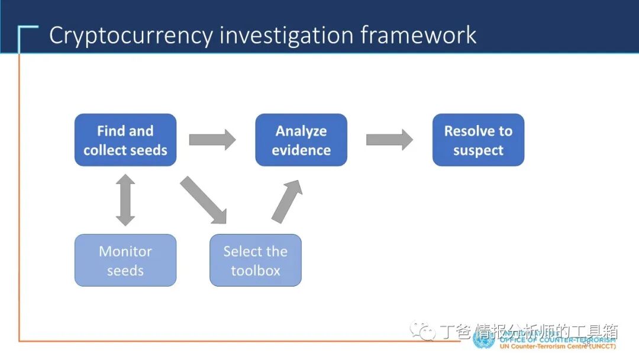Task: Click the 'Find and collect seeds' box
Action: pyautogui.click(x=125, y=140)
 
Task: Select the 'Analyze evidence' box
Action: pyautogui.click(x=301, y=140)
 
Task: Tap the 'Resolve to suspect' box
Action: pyautogui.click(x=478, y=140)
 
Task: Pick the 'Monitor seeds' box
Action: pyautogui.click(x=125, y=261)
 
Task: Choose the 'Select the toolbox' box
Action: pyautogui.click(x=256, y=261)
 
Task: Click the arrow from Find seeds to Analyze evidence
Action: pyautogui.click(x=212, y=140)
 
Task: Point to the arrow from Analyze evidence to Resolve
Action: pyautogui.click(x=389, y=140)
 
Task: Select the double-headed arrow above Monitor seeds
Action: pyautogui.click(x=125, y=200)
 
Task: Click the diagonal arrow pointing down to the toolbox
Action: pyautogui.click(x=204, y=200)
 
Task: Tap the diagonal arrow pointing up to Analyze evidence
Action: pyautogui.click(x=288, y=201)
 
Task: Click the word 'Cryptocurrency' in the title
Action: pyautogui.click(x=131, y=36)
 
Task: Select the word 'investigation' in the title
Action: pyautogui.click(x=280, y=36)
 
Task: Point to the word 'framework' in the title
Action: pyautogui.click(x=418, y=36)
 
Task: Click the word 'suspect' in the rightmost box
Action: pyautogui.click(x=478, y=150)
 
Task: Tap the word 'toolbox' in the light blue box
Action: pyautogui.click(x=256, y=271)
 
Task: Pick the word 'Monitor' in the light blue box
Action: pyautogui.click(x=125, y=251)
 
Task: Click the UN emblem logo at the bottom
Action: pyautogui.click(x=483, y=339)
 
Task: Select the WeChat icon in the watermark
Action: pyautogui.click(x=423, y=330)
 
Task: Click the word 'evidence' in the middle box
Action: pyautogui.click(x=301, y=150)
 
